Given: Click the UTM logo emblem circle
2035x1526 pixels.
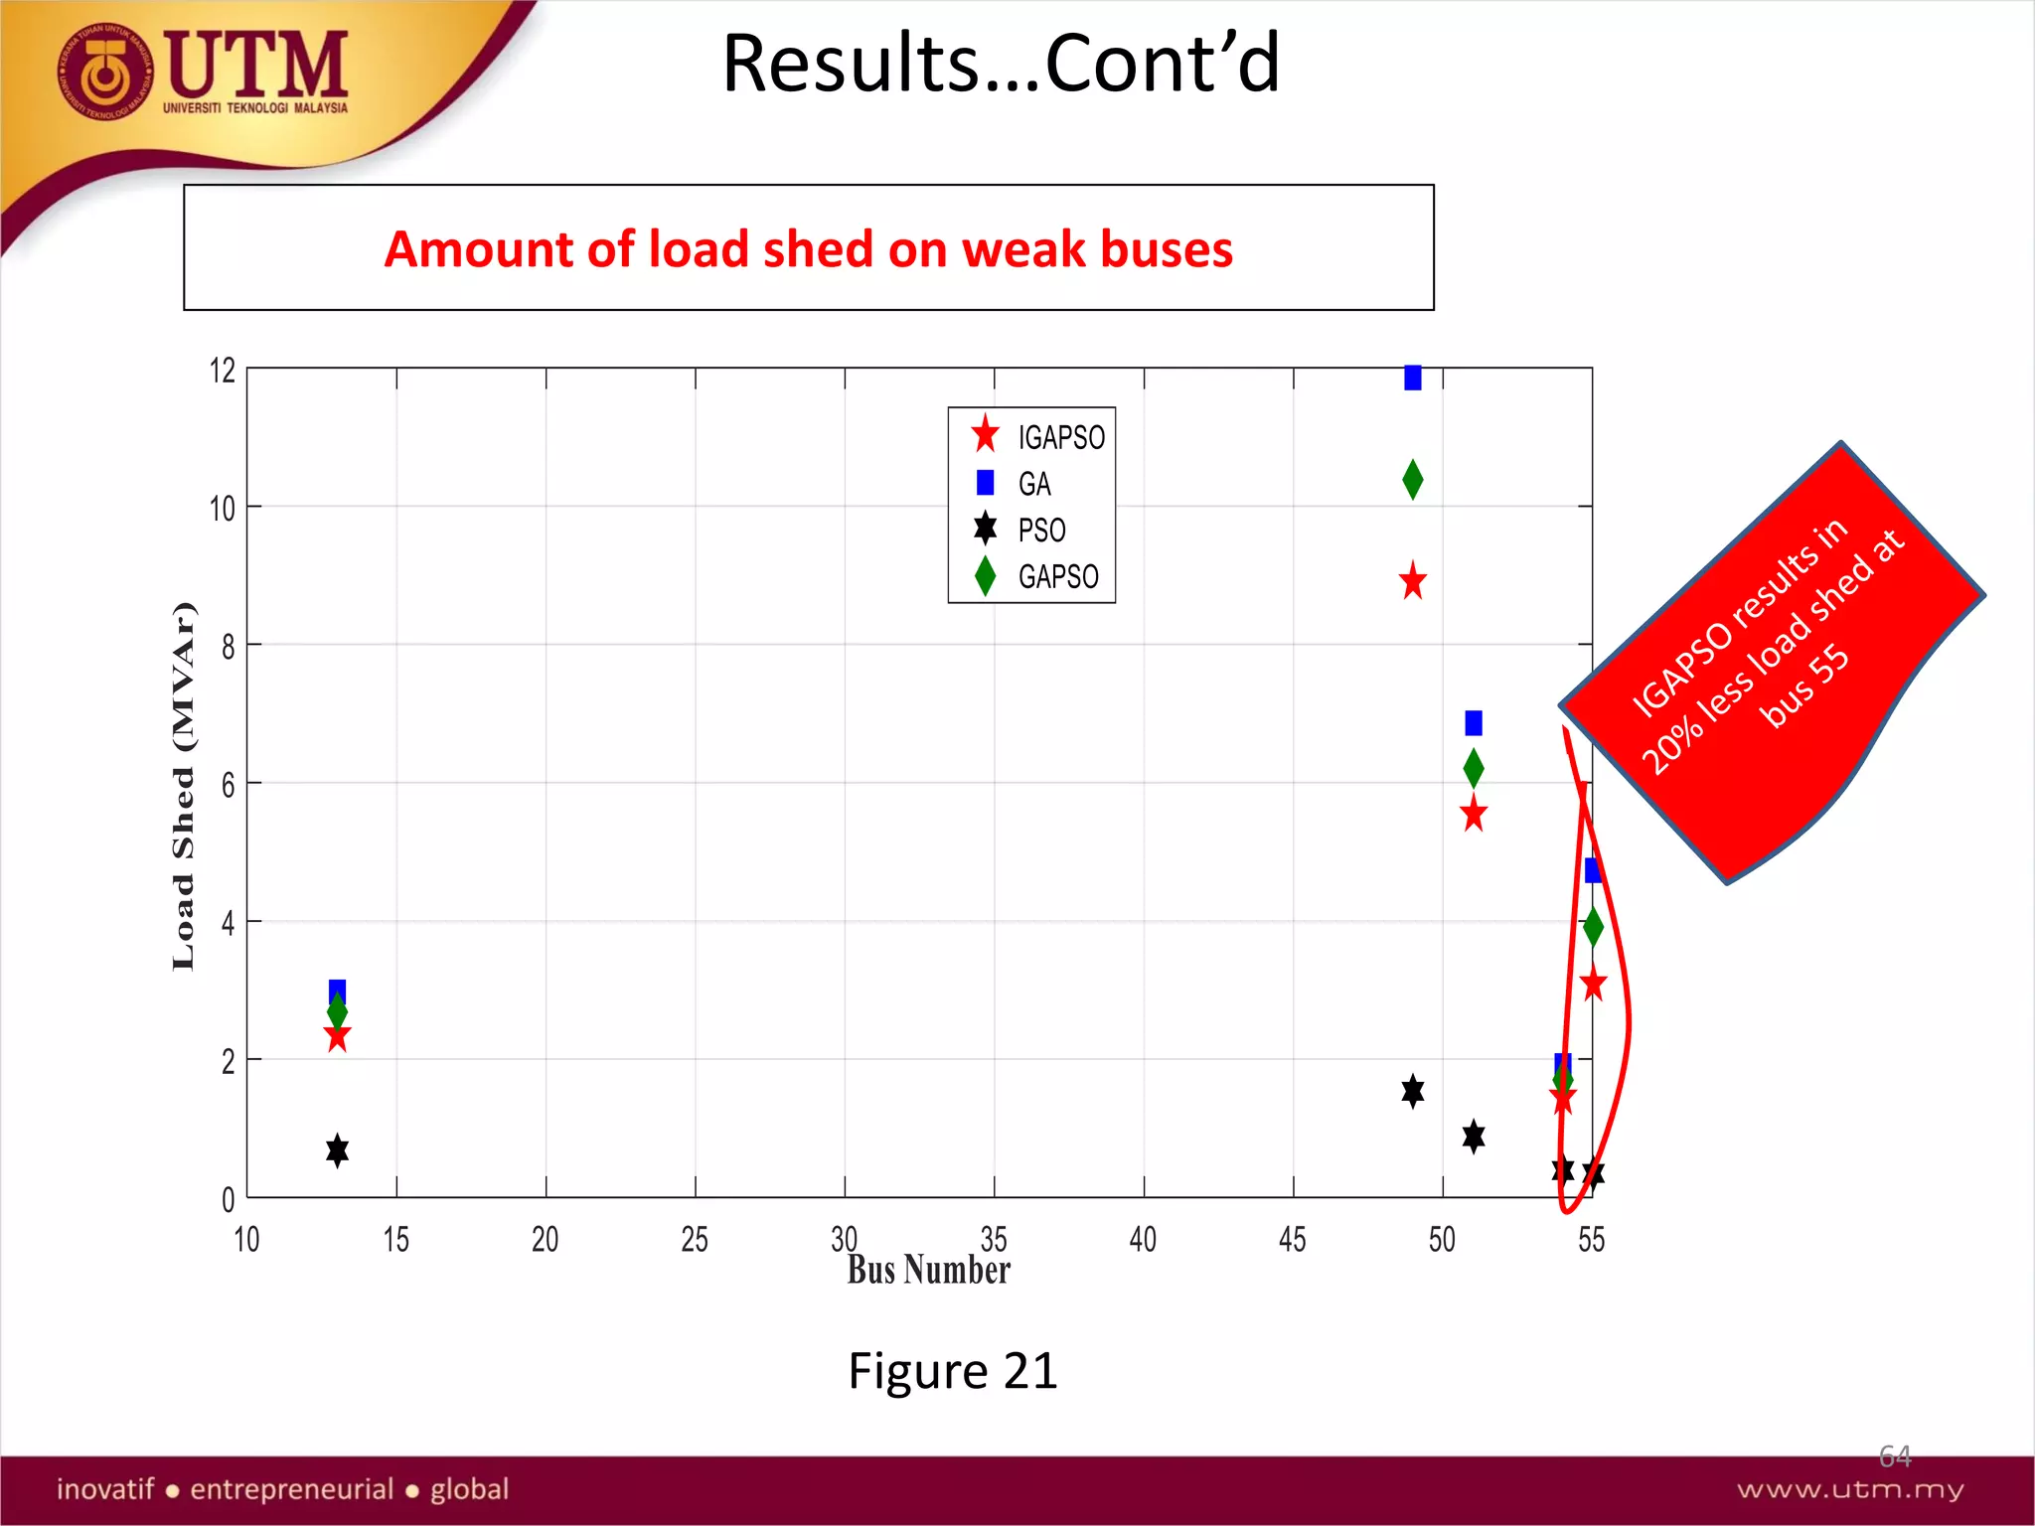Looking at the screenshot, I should coord(105,72).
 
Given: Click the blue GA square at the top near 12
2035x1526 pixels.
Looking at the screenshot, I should coord(1412,378).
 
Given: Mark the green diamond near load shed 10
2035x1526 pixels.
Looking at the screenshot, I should coord(1412,480).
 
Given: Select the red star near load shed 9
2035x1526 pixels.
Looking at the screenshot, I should coord(1412,581).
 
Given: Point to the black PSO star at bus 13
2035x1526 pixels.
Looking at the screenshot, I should coord(337,1150).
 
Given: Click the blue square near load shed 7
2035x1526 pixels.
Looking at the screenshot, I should coord(1473,722).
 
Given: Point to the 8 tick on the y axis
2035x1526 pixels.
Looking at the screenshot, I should coord(229,648).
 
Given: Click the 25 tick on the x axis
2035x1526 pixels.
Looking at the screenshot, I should coord(695,1239).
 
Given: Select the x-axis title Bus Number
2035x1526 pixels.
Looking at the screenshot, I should coord(928,1270).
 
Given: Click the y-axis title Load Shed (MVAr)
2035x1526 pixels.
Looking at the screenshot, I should coord(184,785).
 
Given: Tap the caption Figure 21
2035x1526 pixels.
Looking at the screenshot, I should coord(952,1371).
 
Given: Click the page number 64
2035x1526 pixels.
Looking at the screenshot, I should coord(1894,1456).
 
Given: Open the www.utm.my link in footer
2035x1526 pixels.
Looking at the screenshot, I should coord(1850,1489).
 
